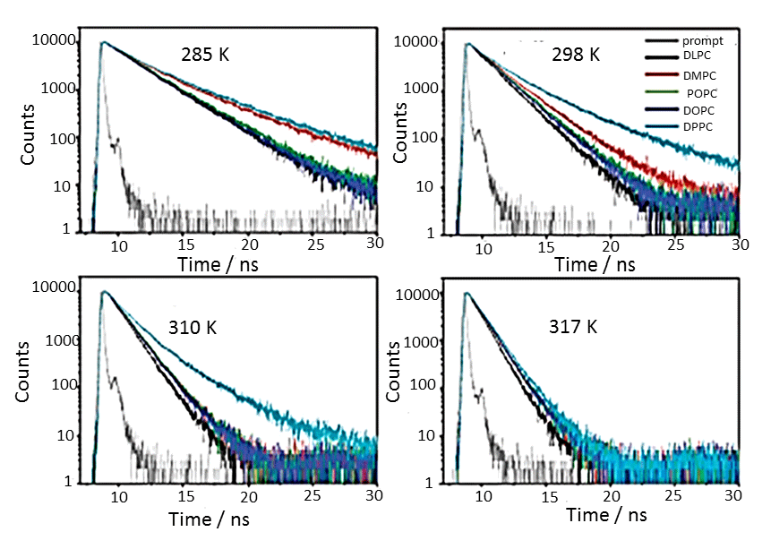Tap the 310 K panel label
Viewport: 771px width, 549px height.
[x=193, y=327]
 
